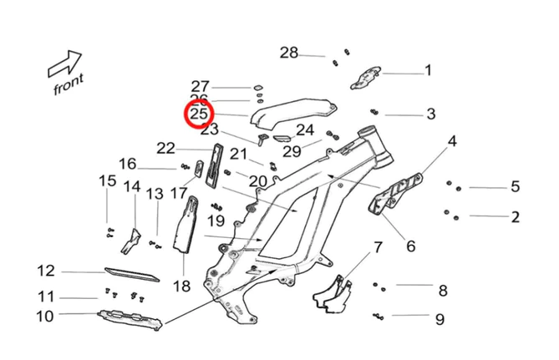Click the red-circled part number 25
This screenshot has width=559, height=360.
click(x=200, y=114)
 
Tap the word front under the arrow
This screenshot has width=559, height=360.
click(x=68, y=82)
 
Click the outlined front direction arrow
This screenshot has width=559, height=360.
click(x=64, y=63)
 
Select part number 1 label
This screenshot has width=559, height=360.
click(x=428, y=70)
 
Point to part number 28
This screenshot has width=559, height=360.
click(x=288, y=53)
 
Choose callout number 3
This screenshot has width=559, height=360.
click(x=430, y=114)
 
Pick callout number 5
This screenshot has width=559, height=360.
click(x=515, y=187)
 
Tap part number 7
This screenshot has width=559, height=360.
click(x=377, y=247)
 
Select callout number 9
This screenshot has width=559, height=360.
click(x=440, y=318)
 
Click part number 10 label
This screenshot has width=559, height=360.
click(x=44, y=316)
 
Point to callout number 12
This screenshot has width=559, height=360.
click(x=45, y=271)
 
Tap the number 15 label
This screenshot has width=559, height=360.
click(x=108, y=180)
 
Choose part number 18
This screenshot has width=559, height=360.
click(x=182, y=286)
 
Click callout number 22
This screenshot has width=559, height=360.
click(x=165, y=149)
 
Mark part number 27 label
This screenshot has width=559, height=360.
click(x=200, y=86)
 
